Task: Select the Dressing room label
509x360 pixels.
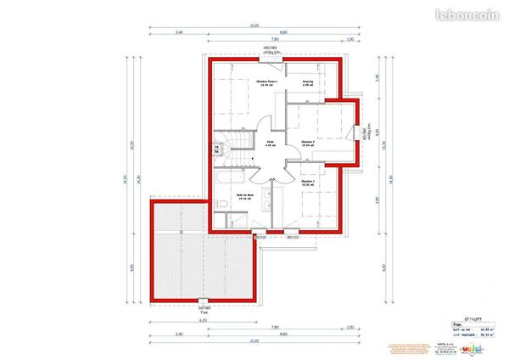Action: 307,83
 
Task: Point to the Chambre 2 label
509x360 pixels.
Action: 307,142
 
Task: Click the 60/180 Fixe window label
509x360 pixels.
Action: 204,308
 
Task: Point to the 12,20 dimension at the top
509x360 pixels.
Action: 254,26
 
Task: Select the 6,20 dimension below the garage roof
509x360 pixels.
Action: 203,319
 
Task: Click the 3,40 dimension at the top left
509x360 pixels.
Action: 179,32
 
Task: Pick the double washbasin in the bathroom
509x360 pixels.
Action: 266,200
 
